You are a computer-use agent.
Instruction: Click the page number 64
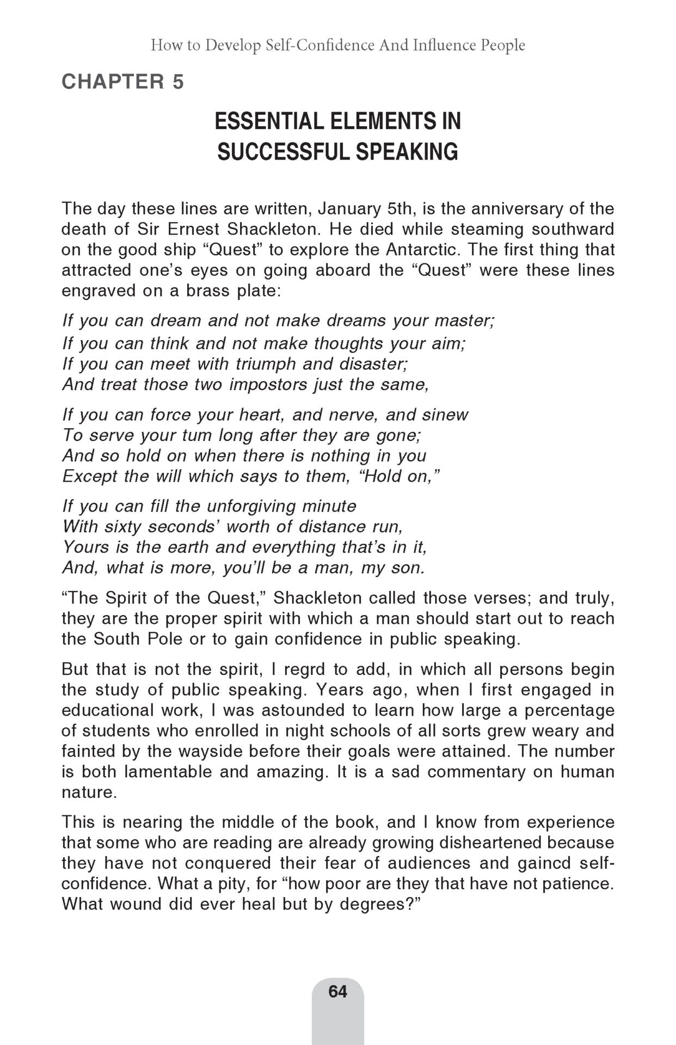coord(337,992)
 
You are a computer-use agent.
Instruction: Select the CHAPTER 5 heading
coord(123,82)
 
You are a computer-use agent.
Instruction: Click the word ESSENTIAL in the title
coord(266,121)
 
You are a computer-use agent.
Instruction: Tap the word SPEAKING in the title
coord(407,152)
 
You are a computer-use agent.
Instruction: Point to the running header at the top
coord(337,45)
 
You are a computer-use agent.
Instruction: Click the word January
coord(349,209)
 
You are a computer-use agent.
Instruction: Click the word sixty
coord(124,527)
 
